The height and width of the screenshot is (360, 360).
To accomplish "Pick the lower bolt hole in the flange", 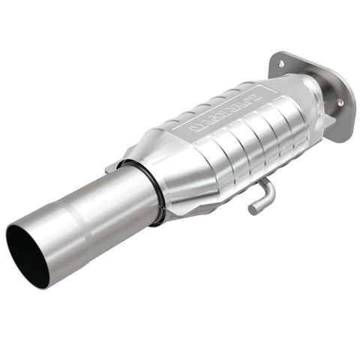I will pos(339,102).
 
